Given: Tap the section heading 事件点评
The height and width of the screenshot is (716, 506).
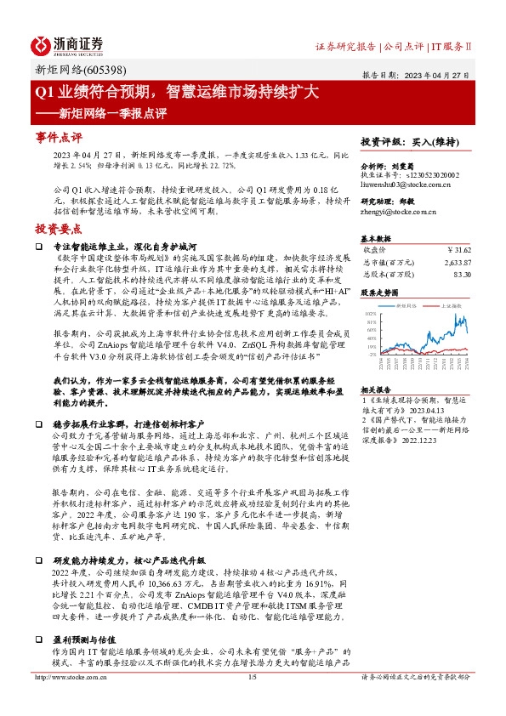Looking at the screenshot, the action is coord(58,137).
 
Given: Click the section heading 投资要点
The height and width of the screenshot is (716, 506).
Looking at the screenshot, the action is coord(58,229).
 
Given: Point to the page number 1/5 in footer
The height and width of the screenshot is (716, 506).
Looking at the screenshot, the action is coord(252,701).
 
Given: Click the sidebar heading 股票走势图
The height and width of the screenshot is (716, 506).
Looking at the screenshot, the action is coord(381,292).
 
